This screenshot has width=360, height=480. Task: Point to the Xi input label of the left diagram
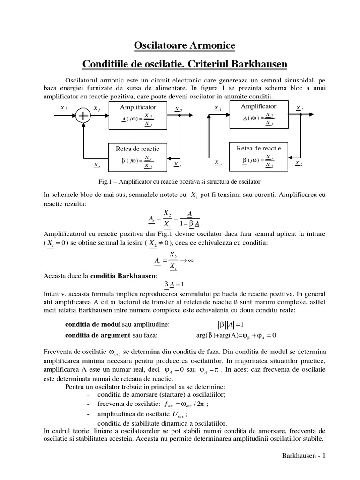[x=63, y=108]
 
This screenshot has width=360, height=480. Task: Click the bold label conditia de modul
[x=92, y=325]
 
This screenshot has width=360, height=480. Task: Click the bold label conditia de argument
[x=97, y=335]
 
